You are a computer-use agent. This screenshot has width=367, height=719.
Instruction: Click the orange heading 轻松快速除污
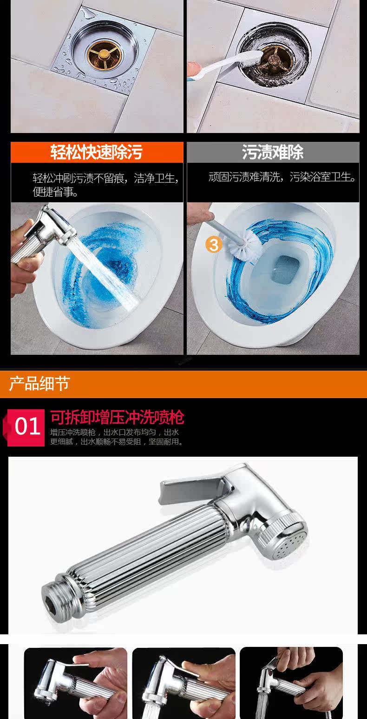[96, 152]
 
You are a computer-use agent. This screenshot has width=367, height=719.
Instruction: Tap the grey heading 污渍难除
[273, 152]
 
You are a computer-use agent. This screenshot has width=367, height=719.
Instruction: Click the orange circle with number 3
[214, 245]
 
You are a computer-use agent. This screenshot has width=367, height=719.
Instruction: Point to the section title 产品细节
[39, 384]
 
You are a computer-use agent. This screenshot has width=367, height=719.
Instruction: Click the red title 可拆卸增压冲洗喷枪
[117, 417]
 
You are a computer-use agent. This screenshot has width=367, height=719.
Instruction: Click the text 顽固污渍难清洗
[244, 177]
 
